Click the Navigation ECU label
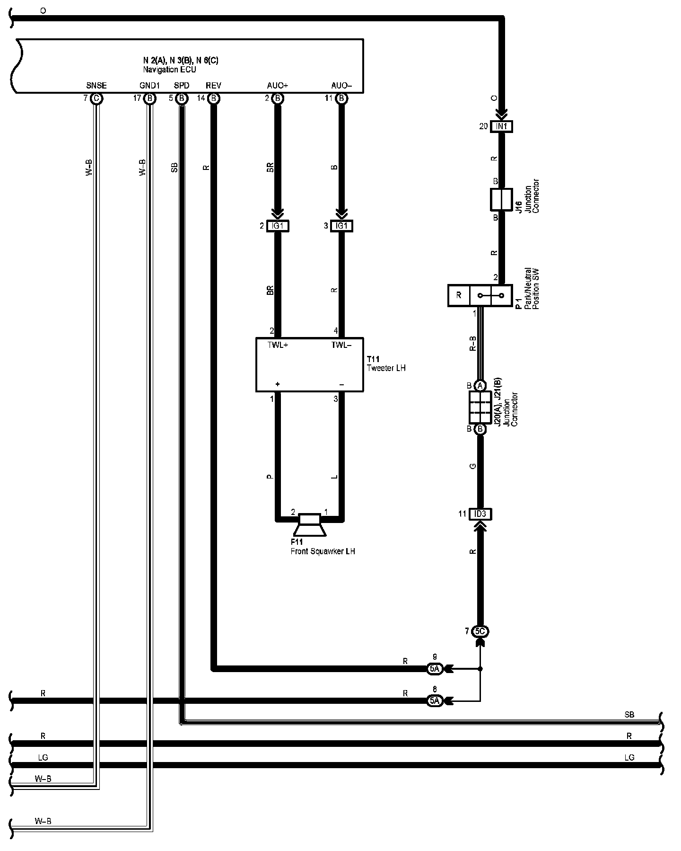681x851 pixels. (169, 70)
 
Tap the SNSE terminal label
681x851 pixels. (96, 86)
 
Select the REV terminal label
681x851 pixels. (213, 86)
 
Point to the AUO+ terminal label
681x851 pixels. (277, 86)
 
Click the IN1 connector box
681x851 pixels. (501, 126)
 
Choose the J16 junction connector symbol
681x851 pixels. (501, 199)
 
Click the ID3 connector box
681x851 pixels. (480, 514)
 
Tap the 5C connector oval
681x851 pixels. (480, 631)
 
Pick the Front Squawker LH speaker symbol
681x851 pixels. (310, 525)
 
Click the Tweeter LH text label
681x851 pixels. (386, 368)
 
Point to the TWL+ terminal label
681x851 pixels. (278, 345)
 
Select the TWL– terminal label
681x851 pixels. (341, 345)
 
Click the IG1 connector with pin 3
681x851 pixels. (341, 226)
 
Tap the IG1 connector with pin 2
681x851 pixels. (278, 226)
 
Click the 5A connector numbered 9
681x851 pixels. (435, 669)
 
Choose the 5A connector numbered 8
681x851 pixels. (435, 701)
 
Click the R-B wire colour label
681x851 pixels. (472, 344)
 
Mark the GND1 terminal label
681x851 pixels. (149, 86)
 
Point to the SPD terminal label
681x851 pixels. (182, 86)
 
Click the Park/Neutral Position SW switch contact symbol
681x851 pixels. (491, 296)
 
